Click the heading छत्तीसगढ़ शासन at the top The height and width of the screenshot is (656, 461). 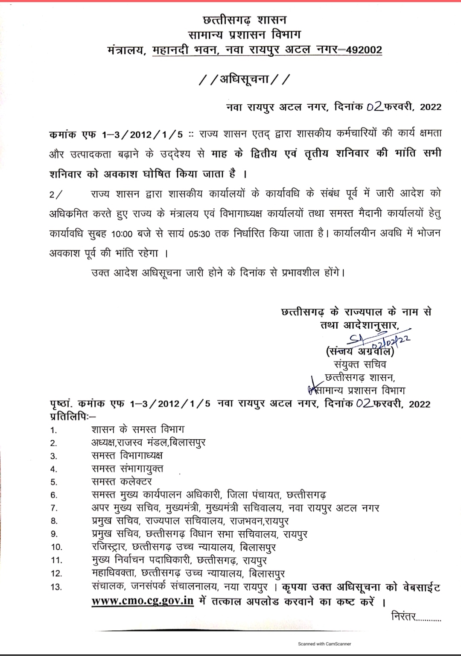(x=245, y=20)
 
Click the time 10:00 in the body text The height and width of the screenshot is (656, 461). (x=122, y=234)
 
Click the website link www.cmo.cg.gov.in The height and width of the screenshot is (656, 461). (x=143, y=601)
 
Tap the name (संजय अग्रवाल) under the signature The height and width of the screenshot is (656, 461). (x=359, y=352)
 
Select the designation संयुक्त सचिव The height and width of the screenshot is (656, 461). (x=360, y=364)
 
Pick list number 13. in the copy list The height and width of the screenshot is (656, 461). (x=56, y=587)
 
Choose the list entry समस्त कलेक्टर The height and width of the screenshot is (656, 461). (x=122, y=481)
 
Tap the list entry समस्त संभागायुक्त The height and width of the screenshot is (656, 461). (x=127, y=469)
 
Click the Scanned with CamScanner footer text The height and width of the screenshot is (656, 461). (x=324, y=644)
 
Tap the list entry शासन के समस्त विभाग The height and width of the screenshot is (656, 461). (x=138, y=429)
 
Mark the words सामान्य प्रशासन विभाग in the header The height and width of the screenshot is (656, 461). (x=245, y=35)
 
